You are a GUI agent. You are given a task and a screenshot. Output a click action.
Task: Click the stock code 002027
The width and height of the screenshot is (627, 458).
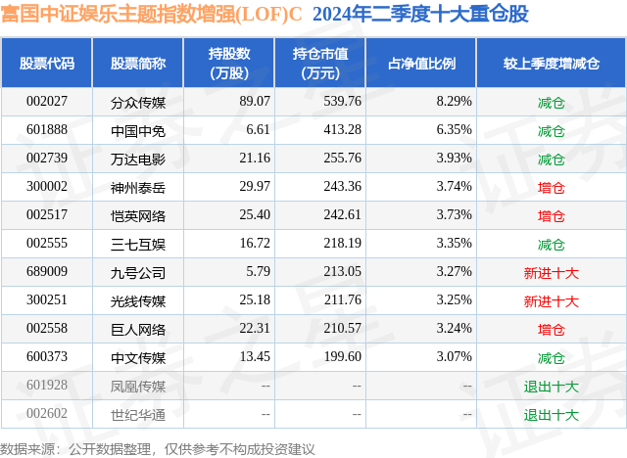coord(47,102)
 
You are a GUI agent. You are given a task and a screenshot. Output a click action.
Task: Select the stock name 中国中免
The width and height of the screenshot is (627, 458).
coord(138,131)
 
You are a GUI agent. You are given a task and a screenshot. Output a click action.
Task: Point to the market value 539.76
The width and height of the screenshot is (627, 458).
coord(342,102)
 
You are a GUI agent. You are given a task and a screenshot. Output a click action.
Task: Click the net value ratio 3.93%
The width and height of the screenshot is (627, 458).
coord(454,159)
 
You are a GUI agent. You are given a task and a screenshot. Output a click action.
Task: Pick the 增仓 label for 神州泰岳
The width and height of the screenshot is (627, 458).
coord(551,188)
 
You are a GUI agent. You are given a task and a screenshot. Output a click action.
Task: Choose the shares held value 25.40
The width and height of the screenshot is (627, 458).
coord(255,215)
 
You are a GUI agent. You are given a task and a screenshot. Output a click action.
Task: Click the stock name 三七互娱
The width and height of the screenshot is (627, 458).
coord(138,245)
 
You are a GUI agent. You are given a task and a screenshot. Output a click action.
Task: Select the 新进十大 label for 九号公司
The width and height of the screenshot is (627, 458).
coord(551,273)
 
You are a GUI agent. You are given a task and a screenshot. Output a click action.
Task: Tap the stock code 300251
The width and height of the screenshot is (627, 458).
coord(47,299)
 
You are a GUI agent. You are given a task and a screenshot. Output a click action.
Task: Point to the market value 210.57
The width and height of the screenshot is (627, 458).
coord(342,328)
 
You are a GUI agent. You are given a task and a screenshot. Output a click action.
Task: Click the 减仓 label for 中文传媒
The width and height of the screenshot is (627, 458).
coord(551,358)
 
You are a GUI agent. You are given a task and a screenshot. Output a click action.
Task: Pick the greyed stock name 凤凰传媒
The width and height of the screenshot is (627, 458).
coord(138,387)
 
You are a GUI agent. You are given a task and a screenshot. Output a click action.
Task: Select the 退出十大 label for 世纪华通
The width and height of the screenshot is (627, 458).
coord(551,415)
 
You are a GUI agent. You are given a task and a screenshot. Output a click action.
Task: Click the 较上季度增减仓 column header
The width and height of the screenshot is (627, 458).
coord(551,63)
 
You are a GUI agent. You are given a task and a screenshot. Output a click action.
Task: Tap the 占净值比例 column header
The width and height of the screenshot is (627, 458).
coord(421,63)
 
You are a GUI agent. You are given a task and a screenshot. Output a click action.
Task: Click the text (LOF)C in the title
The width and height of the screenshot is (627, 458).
coord(271,14)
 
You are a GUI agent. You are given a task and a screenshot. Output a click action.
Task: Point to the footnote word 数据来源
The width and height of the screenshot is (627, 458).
coord(27,449)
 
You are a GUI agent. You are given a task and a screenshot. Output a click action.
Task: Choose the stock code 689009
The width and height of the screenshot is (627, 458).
coord(47,271)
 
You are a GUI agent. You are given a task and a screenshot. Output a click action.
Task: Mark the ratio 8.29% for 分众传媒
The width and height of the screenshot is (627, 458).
coord(454,102)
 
